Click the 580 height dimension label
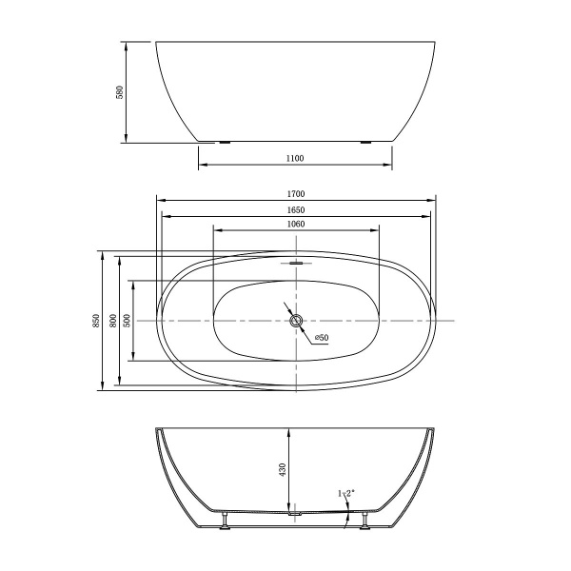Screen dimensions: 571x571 (x=120, y=92)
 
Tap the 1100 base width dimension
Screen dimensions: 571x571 (x=295, y=158)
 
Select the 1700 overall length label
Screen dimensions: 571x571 (x=296, y=194)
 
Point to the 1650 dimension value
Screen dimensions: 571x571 (x=296, y=210)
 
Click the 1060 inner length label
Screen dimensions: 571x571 (x=296, y=224)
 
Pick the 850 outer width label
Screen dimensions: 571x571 (x=96, y=321)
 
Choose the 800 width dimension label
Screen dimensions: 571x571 (x=113, y=321)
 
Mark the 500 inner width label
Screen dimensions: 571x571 (x=128, y=321)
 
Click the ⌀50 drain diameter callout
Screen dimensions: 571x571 (x=322, y=338)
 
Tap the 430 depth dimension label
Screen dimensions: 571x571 (x=283, y=469)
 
